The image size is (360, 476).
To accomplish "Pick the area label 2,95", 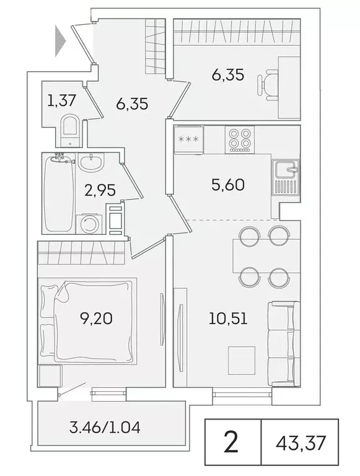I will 100,190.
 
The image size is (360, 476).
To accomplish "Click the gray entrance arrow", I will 60,41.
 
